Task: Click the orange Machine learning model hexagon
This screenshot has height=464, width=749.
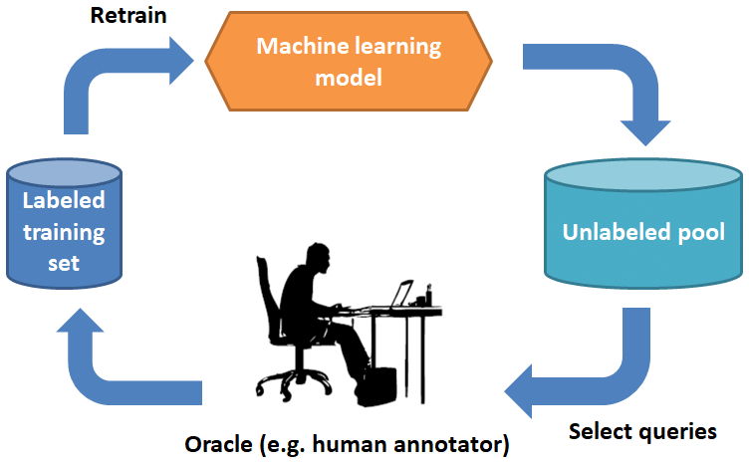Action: click(x=349, y=61)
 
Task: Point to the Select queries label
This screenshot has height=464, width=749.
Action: click(x=642, y=432)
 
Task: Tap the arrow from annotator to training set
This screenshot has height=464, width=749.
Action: click(x=110, y=368)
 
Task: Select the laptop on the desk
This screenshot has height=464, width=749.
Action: click(x=400, y=295)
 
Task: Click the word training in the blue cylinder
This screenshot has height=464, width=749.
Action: click(x=65, y=234)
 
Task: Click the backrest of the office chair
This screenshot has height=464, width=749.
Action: click(x=265, y=299)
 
